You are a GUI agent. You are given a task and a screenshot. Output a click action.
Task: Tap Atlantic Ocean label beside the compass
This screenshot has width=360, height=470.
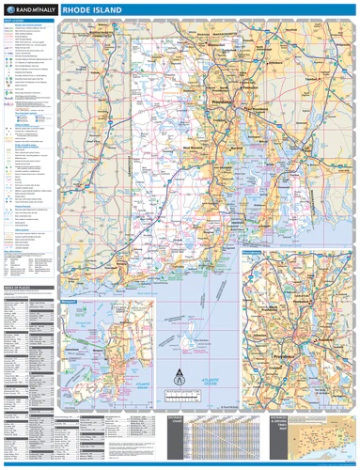pyautogui.click(x=200, y=377)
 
